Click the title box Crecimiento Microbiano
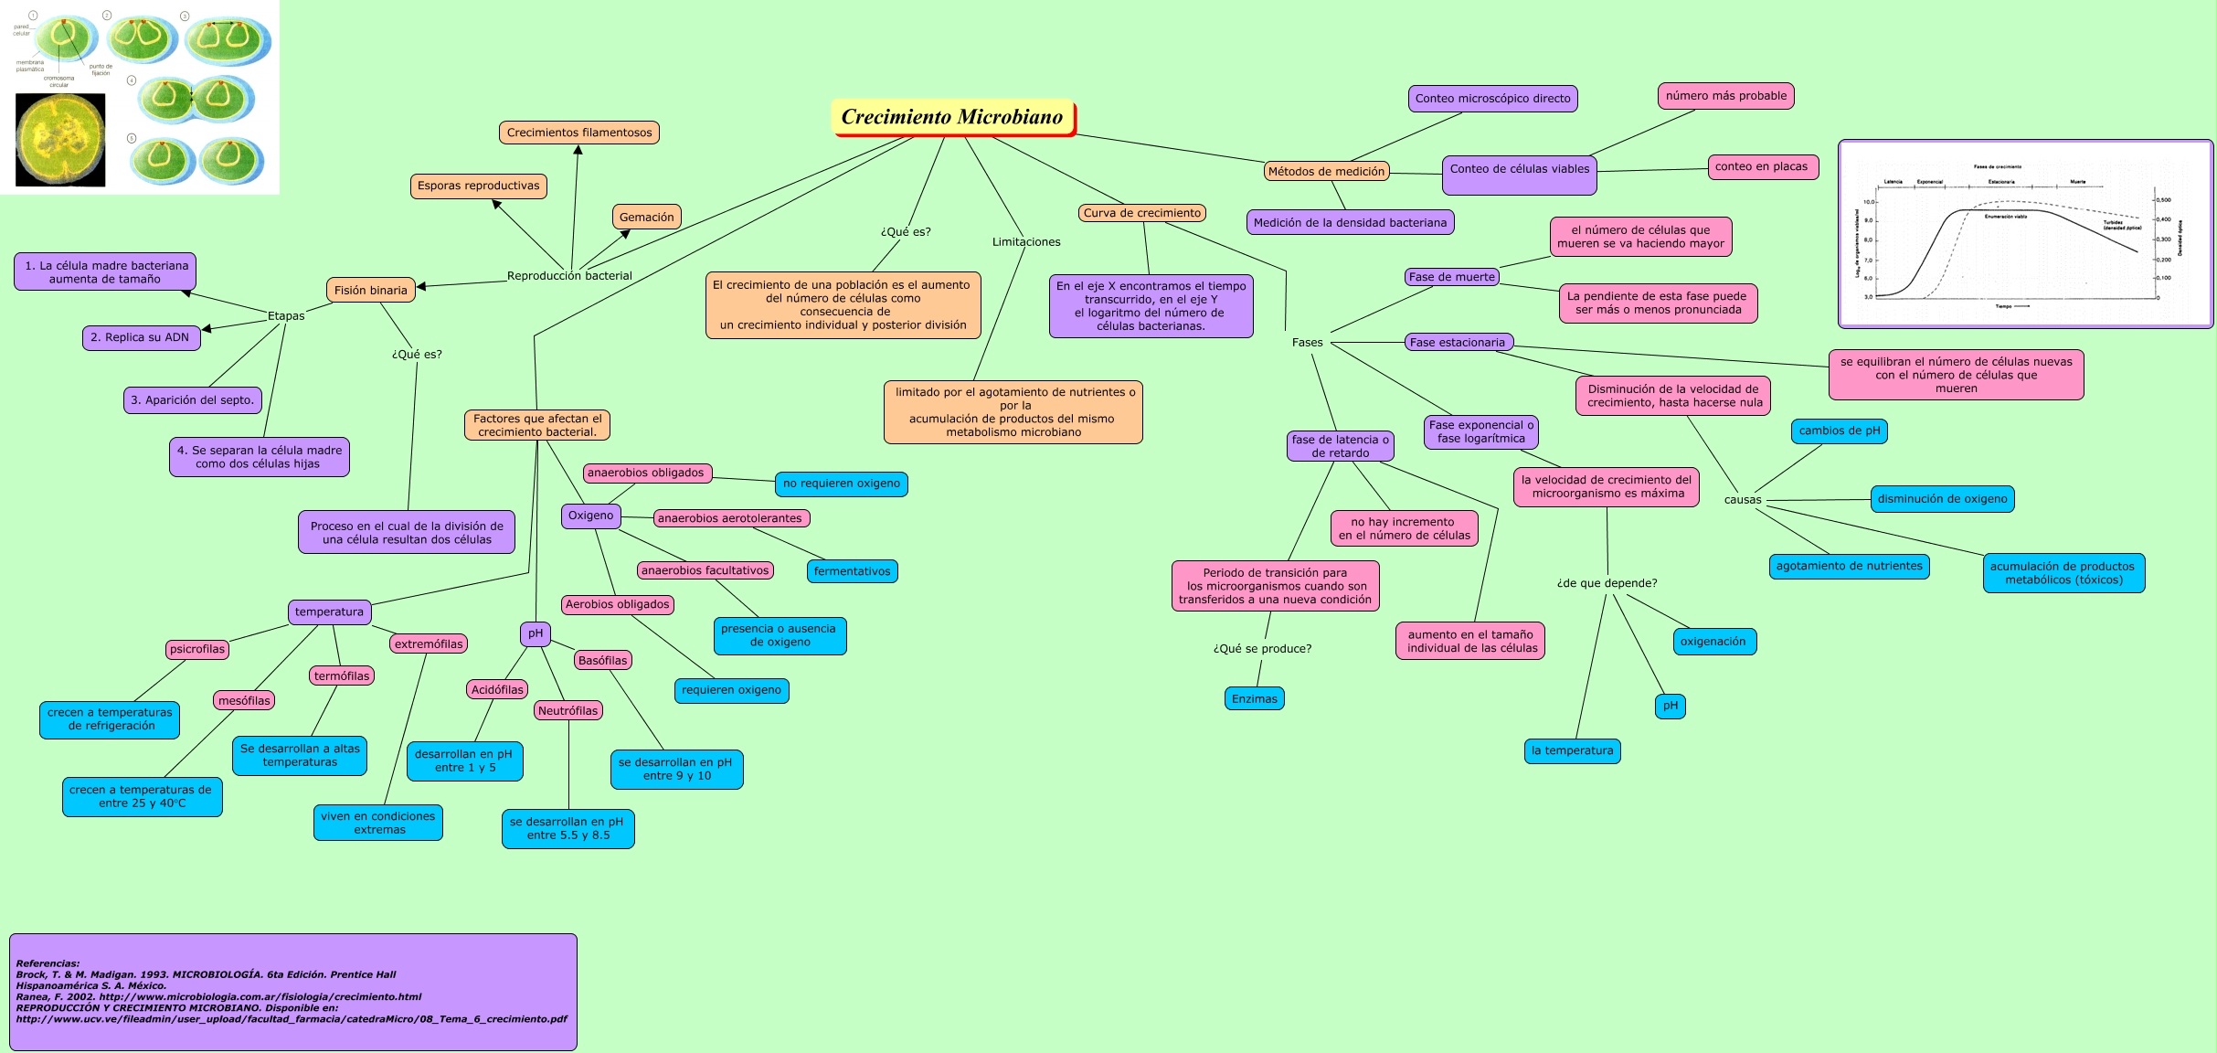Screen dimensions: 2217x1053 [952, 118]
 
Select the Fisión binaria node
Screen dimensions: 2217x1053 [370, 291]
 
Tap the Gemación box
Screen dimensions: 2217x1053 [646, 218]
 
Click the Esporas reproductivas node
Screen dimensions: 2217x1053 [478, 186]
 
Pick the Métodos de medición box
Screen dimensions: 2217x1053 [1326, 172]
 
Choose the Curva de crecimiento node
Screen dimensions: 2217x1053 [1142, 213]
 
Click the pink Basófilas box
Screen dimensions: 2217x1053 [603, 661]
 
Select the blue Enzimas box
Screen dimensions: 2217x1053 [1254, 699]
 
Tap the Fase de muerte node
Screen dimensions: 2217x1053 [1451, 277]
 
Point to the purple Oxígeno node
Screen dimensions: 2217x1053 [590, 516]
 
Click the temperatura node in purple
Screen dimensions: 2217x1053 [329, 612]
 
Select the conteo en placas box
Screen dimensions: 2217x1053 [1762, 166]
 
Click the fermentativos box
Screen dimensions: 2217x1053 [852, 572]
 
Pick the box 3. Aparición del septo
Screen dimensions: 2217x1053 [192, 400]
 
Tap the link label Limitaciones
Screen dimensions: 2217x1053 [1026, 242]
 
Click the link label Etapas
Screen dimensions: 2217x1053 [286, 316]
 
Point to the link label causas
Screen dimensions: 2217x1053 [1742, 500]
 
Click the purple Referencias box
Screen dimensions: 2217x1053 [292, 992]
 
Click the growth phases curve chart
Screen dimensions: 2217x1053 [2024, 234]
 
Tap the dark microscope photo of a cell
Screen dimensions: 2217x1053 [60, 140]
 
